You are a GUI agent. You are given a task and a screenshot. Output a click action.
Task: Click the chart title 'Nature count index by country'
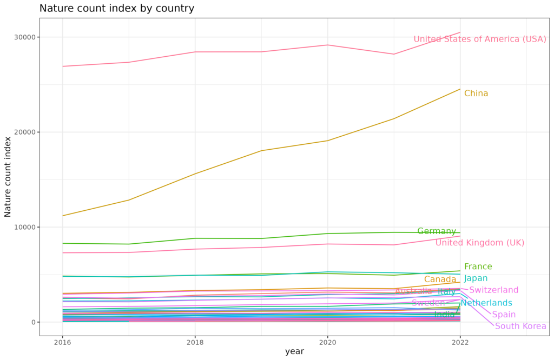click(x=117, y=9)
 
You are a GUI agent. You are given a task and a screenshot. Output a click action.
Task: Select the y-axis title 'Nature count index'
click(x=8, y=177)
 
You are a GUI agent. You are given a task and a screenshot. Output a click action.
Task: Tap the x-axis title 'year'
click(x=294, y=351)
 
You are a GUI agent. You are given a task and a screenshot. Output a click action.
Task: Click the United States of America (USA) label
click(x=480, y=39)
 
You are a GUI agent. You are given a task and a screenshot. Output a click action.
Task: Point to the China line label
click(x=476, y=94)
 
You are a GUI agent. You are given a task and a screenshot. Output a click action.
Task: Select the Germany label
click(x=437, y=231)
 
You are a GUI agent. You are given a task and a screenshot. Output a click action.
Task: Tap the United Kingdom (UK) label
click(x=480, y=243)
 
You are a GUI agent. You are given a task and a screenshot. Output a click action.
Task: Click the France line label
click(x=478, y=266)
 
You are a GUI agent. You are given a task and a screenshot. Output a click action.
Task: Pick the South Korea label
click(x=520, y=326)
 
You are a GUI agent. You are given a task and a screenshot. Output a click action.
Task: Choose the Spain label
click(x=504, y=315)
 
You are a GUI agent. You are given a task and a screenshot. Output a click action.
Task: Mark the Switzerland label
click(x=494, y=290)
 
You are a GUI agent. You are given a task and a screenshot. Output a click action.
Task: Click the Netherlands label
click(x=486, y=303)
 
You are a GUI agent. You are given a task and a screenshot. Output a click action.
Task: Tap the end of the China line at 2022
click(x=460, y=89)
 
